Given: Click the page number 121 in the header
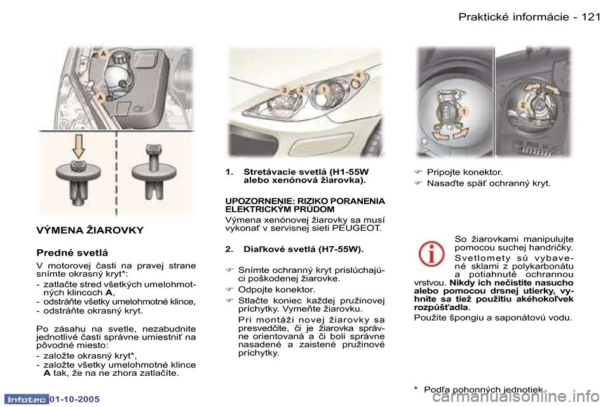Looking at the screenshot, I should (590, 17).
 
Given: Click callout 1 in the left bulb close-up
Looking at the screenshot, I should (464, 111).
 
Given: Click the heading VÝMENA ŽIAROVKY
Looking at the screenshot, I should (90, 230).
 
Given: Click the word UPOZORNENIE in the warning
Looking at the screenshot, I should (252, 200).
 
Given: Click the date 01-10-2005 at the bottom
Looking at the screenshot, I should (72, 399).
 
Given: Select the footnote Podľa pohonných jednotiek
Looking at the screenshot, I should (484, 389).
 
